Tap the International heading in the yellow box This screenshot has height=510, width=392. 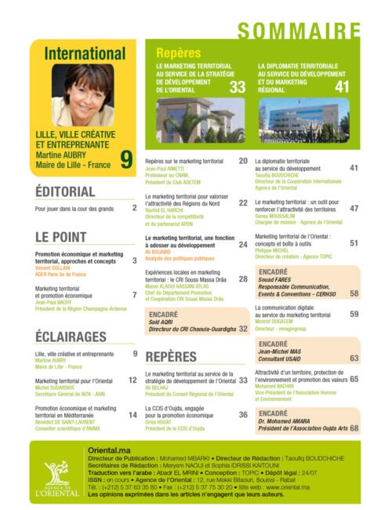coord(84,54)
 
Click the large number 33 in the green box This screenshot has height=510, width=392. coord(238,89)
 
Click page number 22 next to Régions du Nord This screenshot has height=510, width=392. coord(243,202)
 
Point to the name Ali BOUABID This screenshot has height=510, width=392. coord(161,251)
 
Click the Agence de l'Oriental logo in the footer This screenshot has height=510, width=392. coord(57,474)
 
